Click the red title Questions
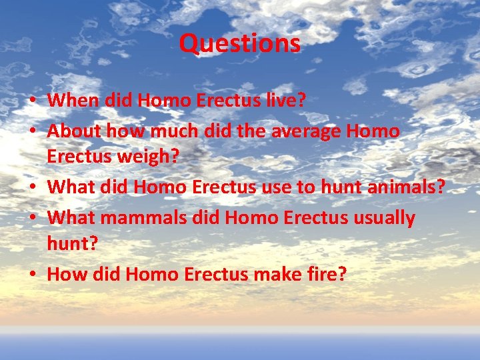pyautogui.click(x=240, y=44)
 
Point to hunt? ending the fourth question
pyautogui.click(x=72, y=245)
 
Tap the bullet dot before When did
pyautogui.click(x=32, y=101)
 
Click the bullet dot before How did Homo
pyautogui.click(x=32, y=275)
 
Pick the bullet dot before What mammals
pyautogui.click(x=32, y=218)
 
